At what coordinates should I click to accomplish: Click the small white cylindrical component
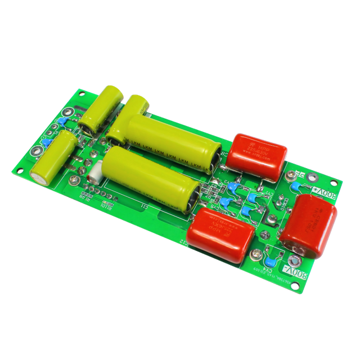pos(97,172)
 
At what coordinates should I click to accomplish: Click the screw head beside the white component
pos(74,180)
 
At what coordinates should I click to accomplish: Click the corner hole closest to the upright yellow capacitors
pos(68,111)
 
